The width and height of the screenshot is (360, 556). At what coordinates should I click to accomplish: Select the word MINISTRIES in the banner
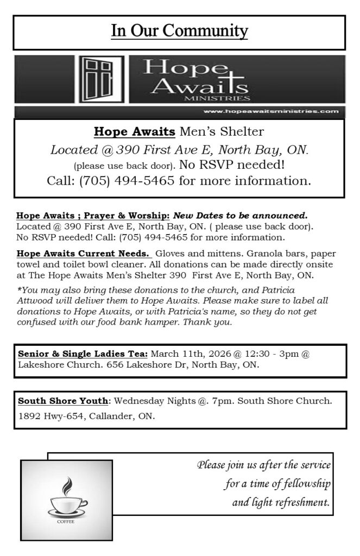point(217,99)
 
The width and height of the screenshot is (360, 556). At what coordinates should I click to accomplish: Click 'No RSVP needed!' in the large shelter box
point(241,164)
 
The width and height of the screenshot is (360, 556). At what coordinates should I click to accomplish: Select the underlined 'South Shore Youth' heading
point(63,401)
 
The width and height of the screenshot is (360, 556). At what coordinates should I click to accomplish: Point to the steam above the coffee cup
point(67,484)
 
